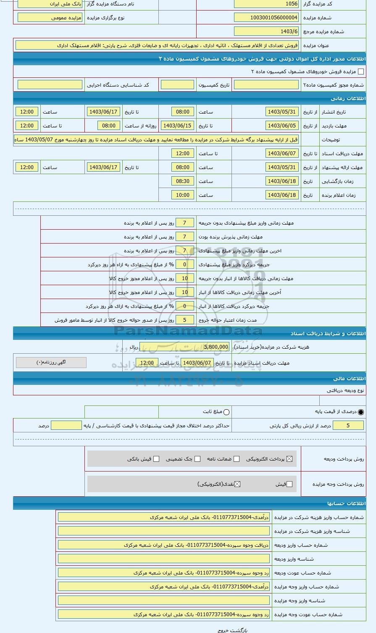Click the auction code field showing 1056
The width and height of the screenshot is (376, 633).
click(266, 4)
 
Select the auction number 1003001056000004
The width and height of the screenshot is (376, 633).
click(266, 18)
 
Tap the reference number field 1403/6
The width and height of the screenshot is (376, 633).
click(266, 32)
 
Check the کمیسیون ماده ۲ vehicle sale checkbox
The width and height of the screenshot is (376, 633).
click(360, 72)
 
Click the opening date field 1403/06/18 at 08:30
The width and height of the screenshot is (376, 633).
click(282, 181)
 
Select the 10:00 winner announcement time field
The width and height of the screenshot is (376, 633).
click(182, 195)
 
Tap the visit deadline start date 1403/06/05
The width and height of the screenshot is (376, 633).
click(282, 126)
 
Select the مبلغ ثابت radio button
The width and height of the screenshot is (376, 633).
click(227, 412)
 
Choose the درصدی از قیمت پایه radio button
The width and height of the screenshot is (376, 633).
click(361, 412)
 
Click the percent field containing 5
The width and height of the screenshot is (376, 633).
click(348, 426)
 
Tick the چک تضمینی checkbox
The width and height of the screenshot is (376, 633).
click(197, 459)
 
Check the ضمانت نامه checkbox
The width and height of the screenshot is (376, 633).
click(237, 459)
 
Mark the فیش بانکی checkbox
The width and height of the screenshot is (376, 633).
click(156, 459)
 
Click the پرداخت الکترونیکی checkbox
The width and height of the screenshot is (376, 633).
click(289, 459)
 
